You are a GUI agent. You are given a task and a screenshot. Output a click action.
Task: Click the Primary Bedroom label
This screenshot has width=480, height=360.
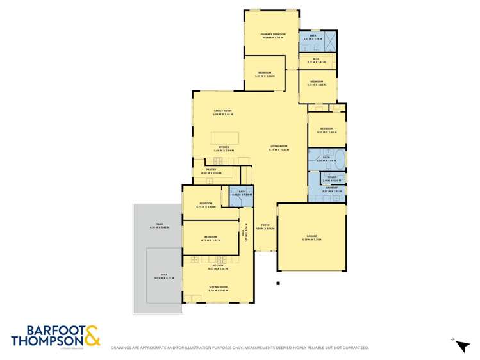[272, 33]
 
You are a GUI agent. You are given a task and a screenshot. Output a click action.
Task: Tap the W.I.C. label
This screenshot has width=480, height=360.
[317, 60]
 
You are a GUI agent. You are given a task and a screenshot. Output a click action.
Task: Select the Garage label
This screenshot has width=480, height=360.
[311, 236]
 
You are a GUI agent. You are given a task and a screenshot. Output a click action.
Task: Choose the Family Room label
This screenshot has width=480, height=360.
[222, 111]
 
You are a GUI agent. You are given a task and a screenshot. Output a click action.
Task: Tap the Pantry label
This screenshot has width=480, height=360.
[211, 170]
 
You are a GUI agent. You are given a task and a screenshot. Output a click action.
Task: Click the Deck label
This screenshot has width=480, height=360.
[164, 275]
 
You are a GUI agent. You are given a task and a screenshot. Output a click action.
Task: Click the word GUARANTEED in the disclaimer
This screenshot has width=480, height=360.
[355, 348]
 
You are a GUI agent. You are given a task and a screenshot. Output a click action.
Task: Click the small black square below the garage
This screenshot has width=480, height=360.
[278, 283]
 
